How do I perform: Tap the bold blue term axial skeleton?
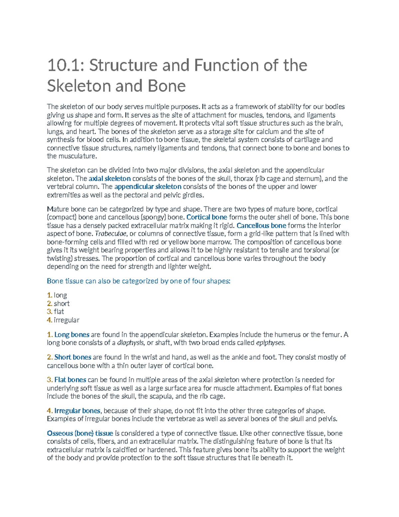click(110, 179)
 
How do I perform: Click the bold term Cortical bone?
click(207, 217)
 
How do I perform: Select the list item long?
click(60, 295)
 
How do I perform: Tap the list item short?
click(62, 304)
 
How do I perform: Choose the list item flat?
click(59, 312)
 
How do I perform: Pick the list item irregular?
click(66, 320)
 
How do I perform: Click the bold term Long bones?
click(72, 335)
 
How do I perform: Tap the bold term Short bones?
click(72, 358)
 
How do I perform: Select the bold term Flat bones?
click(70, 380)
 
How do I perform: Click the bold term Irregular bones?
click(77, 411)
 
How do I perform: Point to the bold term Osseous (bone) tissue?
click(80, 433)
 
